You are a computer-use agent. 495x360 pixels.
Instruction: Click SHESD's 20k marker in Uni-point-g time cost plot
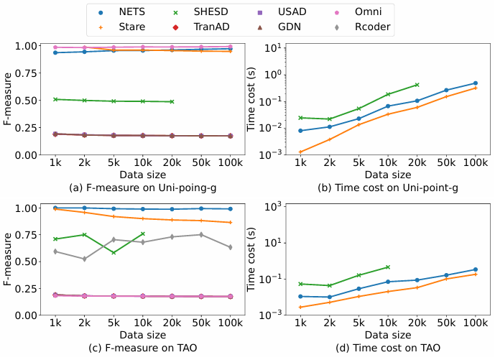point(417,85)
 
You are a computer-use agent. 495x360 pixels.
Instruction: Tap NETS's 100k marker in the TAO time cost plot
point(475,269)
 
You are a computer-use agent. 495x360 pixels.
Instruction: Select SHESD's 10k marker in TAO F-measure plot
point(143,234)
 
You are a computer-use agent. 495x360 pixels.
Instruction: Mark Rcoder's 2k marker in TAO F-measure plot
point(85,259)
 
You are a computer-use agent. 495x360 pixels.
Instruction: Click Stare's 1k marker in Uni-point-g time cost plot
point(300,152)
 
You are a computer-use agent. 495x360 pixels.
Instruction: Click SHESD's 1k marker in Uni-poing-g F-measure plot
point(55,99)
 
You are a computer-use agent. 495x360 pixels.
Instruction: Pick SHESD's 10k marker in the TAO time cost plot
point(388,267)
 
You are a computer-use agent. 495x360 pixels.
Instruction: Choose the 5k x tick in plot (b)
point(358,163)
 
